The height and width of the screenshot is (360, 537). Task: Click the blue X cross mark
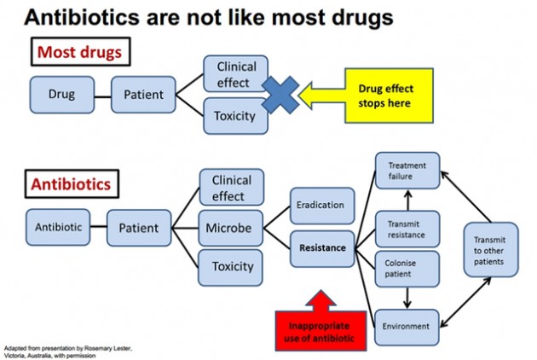pyautogui.click(x=280, y=95)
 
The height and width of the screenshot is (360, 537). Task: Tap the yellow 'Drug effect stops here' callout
pyautogui.click(x=389, y=96)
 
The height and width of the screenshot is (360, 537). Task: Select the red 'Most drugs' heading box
pyautogui.click(x=80, y=52)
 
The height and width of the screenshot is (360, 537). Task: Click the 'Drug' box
pyautogui.click(x=62, y=95)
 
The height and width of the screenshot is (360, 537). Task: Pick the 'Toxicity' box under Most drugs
pyautogui.click(x=235, y=116)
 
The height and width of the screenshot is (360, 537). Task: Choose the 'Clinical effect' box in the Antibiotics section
pyautogui.click(x=232, y=187)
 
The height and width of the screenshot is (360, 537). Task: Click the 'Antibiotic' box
pyautogui.click(x=58, y=227)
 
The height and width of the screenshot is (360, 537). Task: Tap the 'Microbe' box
pyautogui.click(x=230, y=228)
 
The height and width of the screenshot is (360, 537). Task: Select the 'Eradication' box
pyautogui.click(x=322, y=206)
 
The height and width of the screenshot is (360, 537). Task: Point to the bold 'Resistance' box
pyautogui.click(x=322, y=248)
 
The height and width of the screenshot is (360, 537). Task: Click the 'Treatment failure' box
pyautogui.click(x=407, y=171)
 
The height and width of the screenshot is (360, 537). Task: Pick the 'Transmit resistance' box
pyautogui.click(x=407, y=229)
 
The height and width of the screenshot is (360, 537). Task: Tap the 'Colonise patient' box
pyautogui.click(x=407, y=269)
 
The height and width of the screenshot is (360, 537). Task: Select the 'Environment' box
pyautogui.click(x=407, y=327)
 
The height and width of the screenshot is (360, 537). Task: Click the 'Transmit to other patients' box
pyautogui.click(x=491, y=250)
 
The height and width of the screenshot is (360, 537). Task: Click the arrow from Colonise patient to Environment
pyautogui.click(x=407, y=298)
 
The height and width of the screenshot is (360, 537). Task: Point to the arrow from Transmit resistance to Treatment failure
pyautogui.click(x=407, y=200)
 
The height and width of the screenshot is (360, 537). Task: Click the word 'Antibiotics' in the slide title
pyautogui.click(x=82, y=17)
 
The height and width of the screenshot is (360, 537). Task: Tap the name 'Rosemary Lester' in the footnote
pyautogui.click(x=107, y=348)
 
